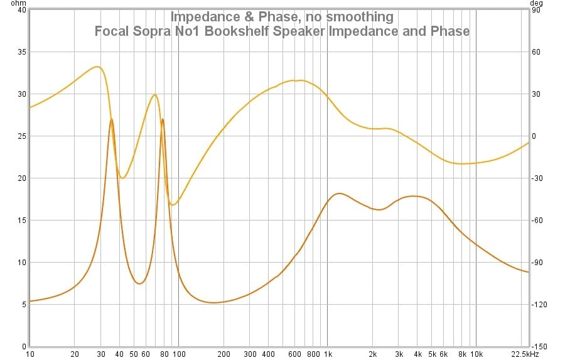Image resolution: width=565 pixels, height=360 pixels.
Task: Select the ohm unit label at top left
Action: (9, 3)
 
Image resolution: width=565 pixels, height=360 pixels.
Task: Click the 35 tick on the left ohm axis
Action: (21, 52)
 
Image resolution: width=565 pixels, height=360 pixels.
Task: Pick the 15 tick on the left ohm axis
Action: (21, 221)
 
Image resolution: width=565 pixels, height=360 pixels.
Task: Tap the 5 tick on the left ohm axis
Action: (24, 305)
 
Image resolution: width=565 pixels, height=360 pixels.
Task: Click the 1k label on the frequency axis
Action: (327, 354)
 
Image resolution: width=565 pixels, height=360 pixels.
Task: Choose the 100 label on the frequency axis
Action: (178, 354)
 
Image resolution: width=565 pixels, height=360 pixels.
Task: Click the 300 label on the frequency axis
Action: (249, 354)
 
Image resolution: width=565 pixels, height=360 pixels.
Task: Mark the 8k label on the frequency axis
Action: (461, 354)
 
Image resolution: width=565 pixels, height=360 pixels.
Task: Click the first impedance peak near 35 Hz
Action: (111, 119)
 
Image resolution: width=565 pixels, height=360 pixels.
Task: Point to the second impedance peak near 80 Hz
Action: (163, 119)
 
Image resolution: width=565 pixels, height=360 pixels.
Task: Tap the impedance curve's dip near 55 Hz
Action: (139, 283)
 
